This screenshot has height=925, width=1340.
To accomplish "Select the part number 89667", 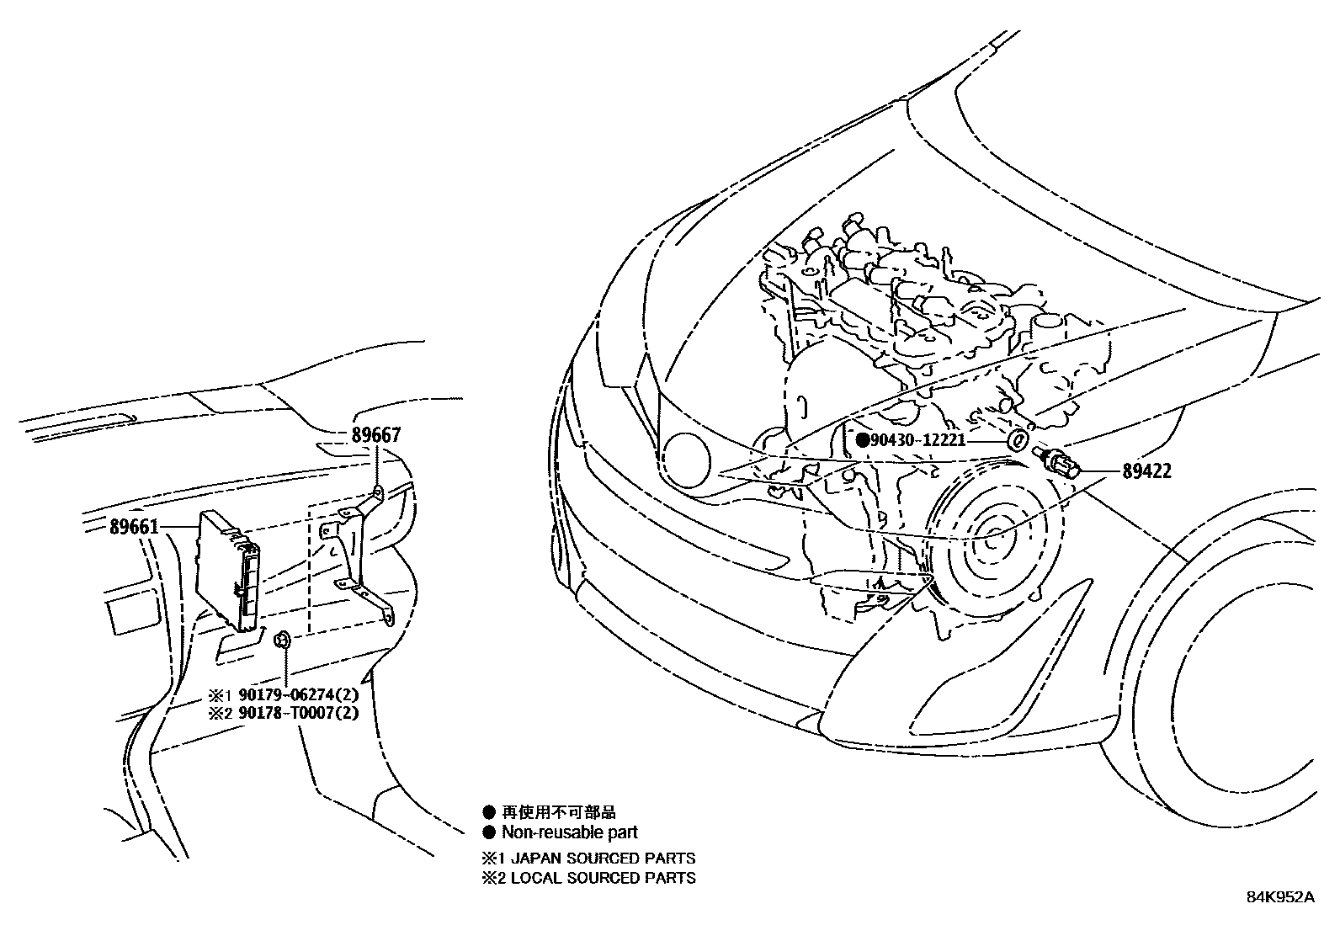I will click(x=375, y=435).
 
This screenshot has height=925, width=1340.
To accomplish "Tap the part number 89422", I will click(x=1146, y=471).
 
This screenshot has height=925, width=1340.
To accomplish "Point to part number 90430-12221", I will click(x=917, y=440).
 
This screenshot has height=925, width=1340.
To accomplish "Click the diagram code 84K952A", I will click(x=1279, y=896).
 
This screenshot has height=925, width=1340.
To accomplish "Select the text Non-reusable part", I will click(x=570, y=832).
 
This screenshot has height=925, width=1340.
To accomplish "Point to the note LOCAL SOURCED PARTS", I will click(x=598, y=878).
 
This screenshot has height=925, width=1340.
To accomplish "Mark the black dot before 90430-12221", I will click(x=862, y=440).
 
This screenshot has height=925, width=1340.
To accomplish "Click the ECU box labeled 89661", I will click(x=227, y=571).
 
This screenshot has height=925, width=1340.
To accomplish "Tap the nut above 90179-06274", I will click(x=284, y=641).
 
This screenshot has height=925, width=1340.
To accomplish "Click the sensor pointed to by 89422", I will click(x=1056, y=463).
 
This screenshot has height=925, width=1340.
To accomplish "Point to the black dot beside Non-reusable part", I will click(x=489, y=832).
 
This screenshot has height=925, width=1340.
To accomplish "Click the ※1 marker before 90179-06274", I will click(x=219, y=696).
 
